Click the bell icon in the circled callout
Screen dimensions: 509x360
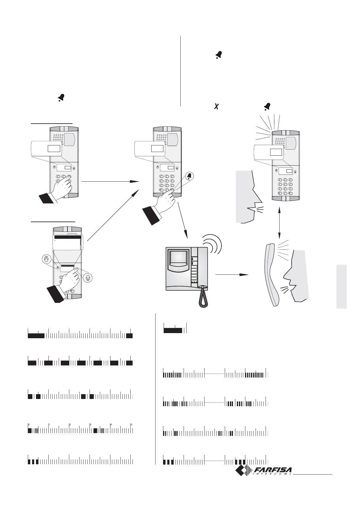click(x=189, y=176)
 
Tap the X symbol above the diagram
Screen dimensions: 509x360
click(x=216, y=106)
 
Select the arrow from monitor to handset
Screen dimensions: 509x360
click(x=231, y=275)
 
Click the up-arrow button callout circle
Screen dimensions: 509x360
click(x=46, y=259)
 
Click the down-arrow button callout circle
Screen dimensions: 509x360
click(x=88, y=278)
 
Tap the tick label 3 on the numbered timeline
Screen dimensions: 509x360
click(x=90, y=425)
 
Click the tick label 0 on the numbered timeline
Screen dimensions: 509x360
click(x=29, y=425)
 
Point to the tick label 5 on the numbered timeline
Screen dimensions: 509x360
click(x=131, y=425)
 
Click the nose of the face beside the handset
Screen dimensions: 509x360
click(x=286, y=274)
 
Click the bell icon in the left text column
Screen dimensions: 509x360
click(x=61, y=97)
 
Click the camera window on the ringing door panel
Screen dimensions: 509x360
click(x=290, y=143)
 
